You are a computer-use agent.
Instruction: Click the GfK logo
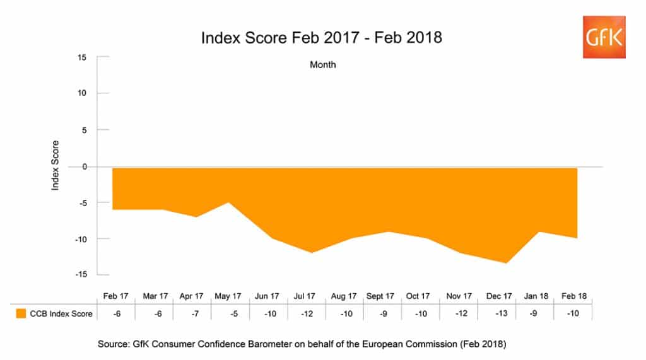click(604, 36)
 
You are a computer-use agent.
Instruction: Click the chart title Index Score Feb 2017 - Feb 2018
click(322, 38)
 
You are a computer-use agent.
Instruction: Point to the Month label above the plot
click(323, 65)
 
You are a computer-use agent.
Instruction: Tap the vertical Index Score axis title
click(55, 166)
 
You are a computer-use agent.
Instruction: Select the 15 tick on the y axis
click(82, 57)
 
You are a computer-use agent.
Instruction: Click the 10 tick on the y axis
click(82, 93)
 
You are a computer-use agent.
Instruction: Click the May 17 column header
click(228, 296)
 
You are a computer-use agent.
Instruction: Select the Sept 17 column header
click(380, 296)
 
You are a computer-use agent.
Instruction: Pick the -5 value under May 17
click(228, 313)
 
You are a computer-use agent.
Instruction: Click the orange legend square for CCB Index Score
click(21, 313)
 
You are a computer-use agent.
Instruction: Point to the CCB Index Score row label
click(62, 313)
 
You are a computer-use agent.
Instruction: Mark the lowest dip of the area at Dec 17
click(506, 262)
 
